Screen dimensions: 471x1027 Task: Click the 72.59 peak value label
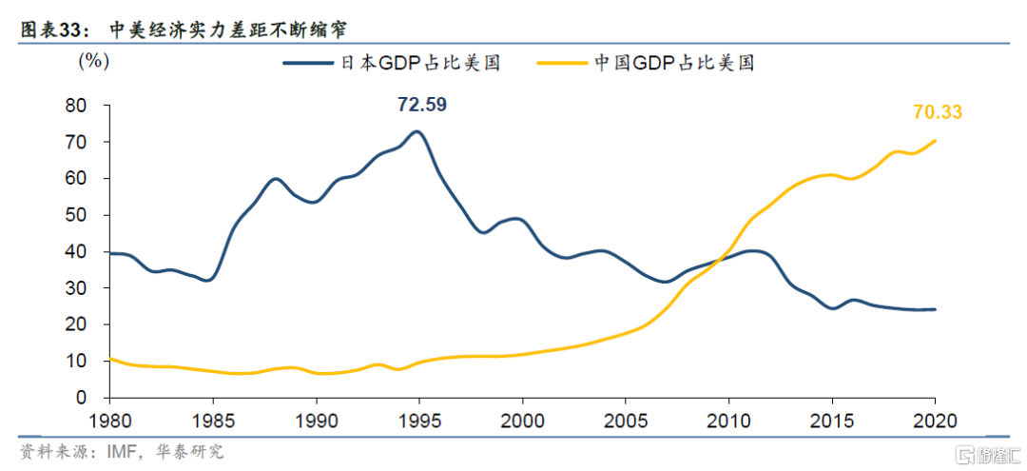pos(422,104)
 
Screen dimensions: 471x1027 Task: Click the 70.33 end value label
pos(938,112)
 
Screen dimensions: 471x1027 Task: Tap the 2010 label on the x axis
pos(729,420)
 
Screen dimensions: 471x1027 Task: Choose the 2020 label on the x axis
pos(935,420)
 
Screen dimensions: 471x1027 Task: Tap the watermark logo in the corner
pos(983,450)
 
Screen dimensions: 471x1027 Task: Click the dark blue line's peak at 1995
pos(417,131)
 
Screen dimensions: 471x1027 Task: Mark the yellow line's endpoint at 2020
pos(935,141)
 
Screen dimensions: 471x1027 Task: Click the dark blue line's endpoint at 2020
pos(935,309)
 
